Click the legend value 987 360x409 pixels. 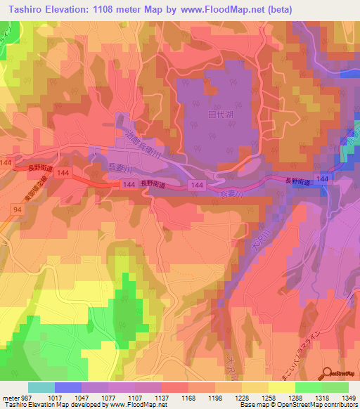(x=27, y=397)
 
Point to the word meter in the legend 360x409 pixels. (x=10, y=397)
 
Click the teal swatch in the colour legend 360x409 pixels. (x=41, y=387)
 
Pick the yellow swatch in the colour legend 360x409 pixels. (x=282, y=387)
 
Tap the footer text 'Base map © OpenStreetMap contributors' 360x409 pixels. (x=298, y=405)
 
